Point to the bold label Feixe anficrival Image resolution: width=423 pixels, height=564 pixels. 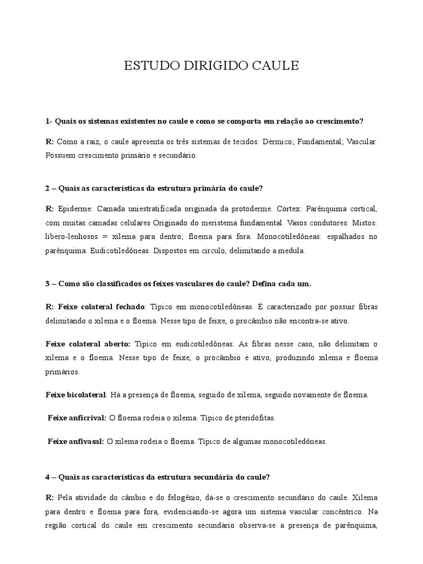(77, 418)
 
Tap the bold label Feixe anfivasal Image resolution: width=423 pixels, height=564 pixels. (75, 441)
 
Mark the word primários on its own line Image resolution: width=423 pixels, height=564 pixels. (62, 372)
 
